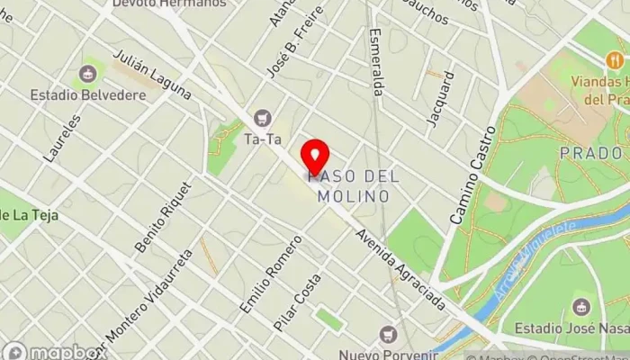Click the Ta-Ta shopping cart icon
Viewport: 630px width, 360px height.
pos(263,117)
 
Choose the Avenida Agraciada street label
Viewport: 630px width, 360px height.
pos(400,271)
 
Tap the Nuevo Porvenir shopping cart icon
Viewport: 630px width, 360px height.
pos(388,333)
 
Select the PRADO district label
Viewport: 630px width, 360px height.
pos(590,153)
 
